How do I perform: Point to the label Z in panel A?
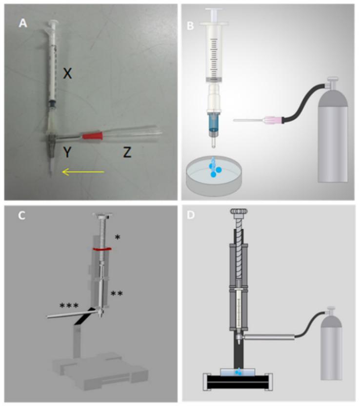tap(126, 153)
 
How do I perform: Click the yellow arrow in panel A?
tap(82, 172)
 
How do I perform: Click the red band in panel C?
tap(103, 250)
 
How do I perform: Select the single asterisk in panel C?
tap(117, 238)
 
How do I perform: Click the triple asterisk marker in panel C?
tap(70, 306)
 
